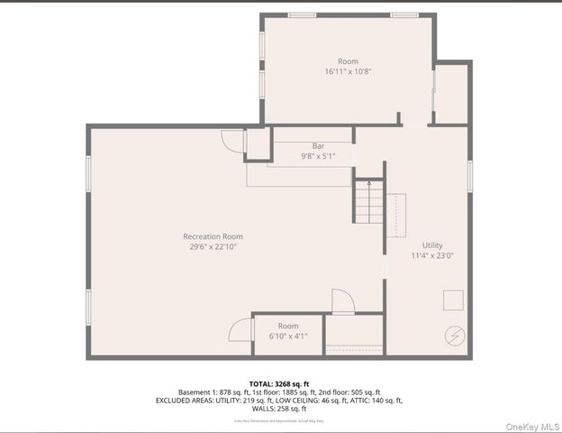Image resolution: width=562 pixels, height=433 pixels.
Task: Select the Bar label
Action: [x=318, y=146]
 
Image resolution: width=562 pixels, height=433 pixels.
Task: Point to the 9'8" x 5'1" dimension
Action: [x=318, y=156]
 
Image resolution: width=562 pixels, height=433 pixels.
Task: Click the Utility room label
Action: [x=432, y=245]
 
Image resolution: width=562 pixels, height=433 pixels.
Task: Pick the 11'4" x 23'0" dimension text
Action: [x=432, y=255]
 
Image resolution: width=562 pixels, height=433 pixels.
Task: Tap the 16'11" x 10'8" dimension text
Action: [x=348, y=71]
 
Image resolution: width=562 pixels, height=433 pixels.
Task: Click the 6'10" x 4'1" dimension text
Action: [x=288, y=336]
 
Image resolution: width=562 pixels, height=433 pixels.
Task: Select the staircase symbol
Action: [x=367, y=203]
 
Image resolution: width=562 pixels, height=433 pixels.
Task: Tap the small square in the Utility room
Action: [x=452, y=299]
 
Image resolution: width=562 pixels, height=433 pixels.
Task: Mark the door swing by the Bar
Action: [x=232, y=141]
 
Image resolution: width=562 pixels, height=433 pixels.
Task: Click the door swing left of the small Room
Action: [x=240, y=329]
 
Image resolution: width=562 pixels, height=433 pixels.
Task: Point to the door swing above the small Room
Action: [x=343, y=301]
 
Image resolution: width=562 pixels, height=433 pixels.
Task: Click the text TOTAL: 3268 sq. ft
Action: [x=281, y=382]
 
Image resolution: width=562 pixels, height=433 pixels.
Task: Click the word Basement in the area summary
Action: [x=195, y=392]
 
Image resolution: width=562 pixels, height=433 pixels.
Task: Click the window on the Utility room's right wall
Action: [x=469, y=175]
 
